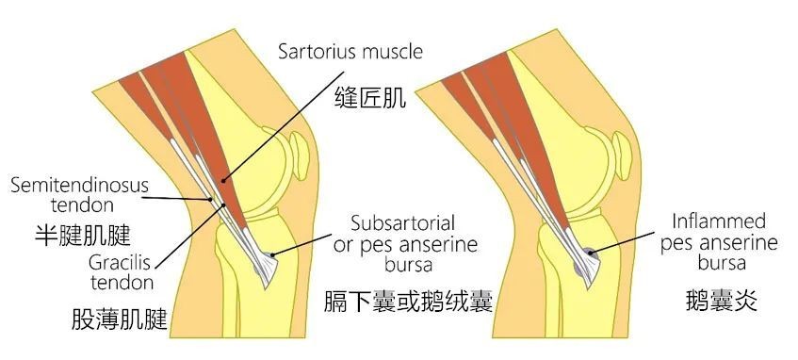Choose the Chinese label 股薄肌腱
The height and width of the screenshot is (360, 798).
[x=119, y=319]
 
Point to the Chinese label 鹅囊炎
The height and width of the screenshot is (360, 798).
[x=722, y=303]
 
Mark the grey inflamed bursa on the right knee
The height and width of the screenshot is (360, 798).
[x=587, y=252]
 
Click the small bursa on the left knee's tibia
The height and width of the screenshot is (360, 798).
[x=272, y=253]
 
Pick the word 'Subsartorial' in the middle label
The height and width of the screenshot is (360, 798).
[x=402, y=224]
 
